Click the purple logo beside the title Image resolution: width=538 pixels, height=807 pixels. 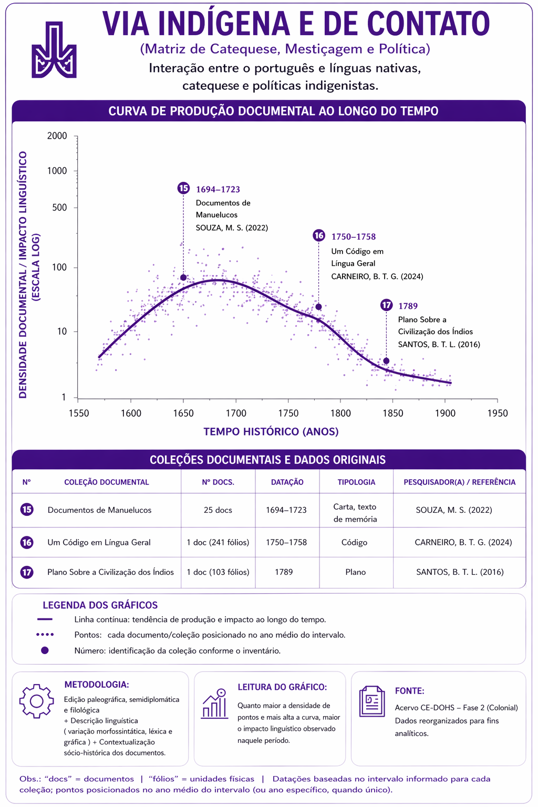[54, 50]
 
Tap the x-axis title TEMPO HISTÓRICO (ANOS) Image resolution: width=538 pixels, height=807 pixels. [271, 431]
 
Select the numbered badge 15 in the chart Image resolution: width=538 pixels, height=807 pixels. [183, 188]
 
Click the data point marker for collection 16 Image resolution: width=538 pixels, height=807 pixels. [318, 307]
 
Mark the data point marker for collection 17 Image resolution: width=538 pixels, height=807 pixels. [386, 360]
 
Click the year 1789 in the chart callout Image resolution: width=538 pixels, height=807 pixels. [408, 306]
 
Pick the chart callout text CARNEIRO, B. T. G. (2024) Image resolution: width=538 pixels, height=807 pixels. [377, 276]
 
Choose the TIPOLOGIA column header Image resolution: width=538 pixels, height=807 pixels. [356, 482]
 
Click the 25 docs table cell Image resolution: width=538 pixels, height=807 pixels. [218, 510]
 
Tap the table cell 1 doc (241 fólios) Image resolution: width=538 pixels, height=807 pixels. [218, 542]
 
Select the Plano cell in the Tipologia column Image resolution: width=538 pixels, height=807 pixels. [356, 572]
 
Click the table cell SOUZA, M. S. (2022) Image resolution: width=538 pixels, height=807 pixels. [454, 510]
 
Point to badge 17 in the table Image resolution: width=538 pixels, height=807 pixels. [27, 572]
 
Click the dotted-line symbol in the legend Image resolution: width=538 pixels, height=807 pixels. [45, 635]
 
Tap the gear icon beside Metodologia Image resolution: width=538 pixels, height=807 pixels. [36, 701]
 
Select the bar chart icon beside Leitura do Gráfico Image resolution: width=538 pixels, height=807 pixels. [215, 703]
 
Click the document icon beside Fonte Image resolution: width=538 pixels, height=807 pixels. [372, 701]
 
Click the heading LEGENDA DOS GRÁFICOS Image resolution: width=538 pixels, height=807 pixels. [100, 605]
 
